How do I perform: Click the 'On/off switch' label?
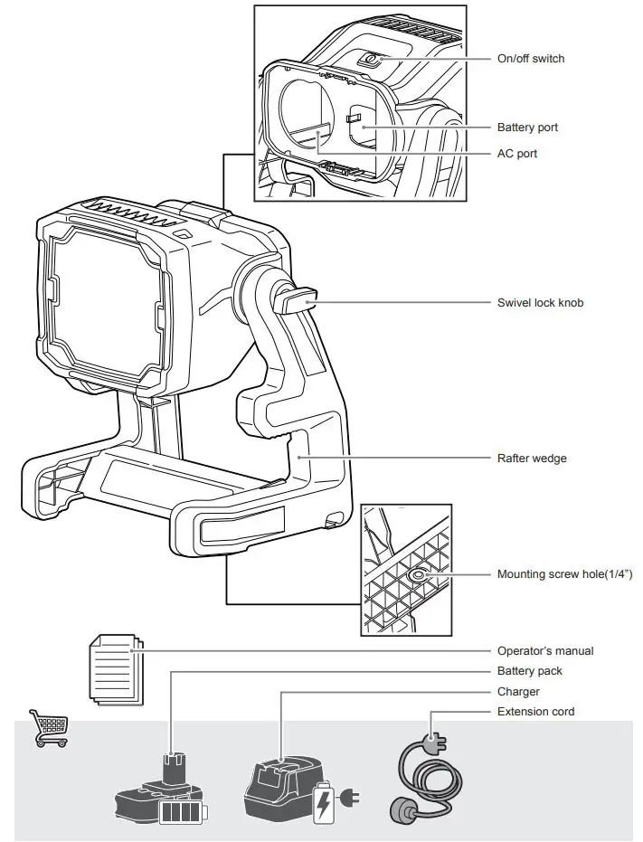point(530,59)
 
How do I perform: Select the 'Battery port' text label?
point(527,128)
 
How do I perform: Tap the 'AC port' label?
point(516,154)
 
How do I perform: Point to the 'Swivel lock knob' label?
point(540,302)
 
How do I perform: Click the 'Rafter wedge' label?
point(532,459)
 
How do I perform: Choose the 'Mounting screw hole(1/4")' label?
point(564,574)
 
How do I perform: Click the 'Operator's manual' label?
point(545,650)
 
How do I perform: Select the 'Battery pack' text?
point(529,671)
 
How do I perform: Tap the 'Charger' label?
point(518,692)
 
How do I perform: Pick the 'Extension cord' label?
point(535,712)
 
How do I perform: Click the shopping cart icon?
point(49,728)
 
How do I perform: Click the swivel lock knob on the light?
point(298,299)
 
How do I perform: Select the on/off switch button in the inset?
point(369,60)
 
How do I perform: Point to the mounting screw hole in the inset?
point(419,575)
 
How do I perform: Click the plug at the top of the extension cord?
point(433,744)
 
